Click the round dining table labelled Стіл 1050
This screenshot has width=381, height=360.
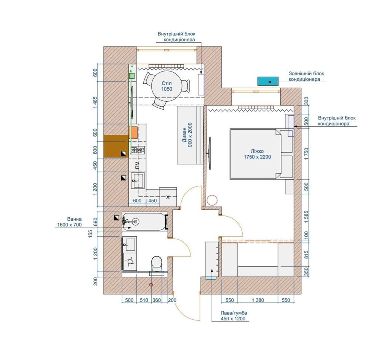point(167,86)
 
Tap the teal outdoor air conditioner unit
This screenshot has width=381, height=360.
point(268,81)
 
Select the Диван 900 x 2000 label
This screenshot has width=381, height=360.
point(187,135)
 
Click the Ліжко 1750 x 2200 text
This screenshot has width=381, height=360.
point(257,154)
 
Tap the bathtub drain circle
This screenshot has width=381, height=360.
point(135,221)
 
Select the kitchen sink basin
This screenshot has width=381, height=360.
point(138,180)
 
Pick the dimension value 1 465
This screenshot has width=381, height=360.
point(95,103)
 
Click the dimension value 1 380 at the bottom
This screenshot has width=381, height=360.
point(258,300)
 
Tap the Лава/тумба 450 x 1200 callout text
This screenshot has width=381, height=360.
point(233,316)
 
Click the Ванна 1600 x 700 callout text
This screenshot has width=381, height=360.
point(69,222)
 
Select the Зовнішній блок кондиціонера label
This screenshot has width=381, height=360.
point(306,76)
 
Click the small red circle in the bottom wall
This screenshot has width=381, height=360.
point(151,285)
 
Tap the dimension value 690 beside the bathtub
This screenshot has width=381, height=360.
point(95,221)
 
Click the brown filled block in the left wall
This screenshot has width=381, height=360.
point(116,146)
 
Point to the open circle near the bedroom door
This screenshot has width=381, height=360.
point(212,200)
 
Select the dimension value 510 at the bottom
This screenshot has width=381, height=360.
point(144,300)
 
